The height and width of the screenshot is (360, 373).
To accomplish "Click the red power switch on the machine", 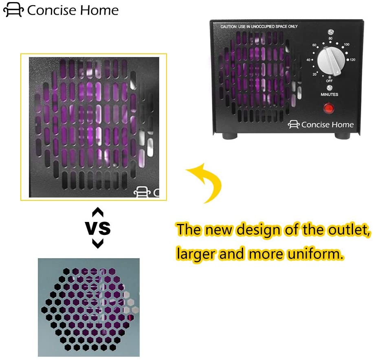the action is tap(329, 108).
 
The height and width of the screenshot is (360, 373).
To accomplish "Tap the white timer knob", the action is tap(331, 60).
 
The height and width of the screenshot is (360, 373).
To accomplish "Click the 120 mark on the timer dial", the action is tap(353, 60).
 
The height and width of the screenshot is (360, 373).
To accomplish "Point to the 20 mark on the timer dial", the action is tap(314, 75).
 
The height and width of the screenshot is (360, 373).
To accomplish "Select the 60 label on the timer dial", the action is tap(314, 45).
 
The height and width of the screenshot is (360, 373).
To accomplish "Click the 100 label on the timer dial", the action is tap(347, 44).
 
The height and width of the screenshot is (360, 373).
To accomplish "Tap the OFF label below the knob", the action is tap(329, 81).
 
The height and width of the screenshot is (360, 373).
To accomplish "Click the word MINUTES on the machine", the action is tap(329, 94).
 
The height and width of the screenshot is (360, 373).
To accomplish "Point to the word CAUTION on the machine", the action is tap(228, 26).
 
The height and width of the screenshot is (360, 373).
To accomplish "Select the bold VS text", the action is tap(98, 228).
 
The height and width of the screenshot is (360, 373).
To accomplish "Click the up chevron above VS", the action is tap(98, 212).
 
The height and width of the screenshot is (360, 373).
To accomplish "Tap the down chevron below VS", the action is tap(98, 244).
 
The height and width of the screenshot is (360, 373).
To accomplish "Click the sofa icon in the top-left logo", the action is tap(13, 10).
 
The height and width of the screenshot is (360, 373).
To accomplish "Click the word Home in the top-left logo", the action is tap(99, 11).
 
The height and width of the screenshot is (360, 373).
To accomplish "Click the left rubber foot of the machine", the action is tap(230, 136).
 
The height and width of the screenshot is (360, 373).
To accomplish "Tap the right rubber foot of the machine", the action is tap(342, 136).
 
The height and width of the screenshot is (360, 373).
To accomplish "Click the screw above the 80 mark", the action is tap(330, 32).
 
